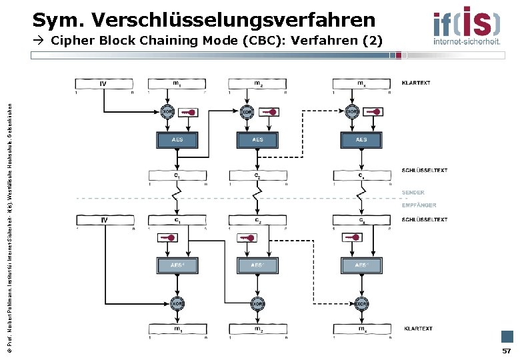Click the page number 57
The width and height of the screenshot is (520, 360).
pyautogui.click(x=507, y=351)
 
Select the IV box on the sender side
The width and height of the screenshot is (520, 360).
pyautogui.click(x=103, y=84)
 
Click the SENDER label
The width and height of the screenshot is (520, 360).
pyautogui.click(x=413, y=193)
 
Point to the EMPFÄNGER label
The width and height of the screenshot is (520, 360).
pyautogui.click(x=419, y=205)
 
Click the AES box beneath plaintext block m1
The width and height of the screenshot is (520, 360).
pyautogui.click(x=177, y=140)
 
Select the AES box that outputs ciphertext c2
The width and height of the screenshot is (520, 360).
pyautogui.click(x=257, y=140)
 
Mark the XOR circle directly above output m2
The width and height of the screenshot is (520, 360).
pyautogui.click(x=257, y=303)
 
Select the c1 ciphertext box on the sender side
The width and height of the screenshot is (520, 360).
pyautogui.click(x=177, y=176)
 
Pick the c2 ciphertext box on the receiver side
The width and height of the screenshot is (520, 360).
pyautogui.click(x=257, y=220)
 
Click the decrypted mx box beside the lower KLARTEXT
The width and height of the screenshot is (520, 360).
pyautogui.click(x=361, y=329)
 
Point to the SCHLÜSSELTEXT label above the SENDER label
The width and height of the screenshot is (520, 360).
pyautogui.click(x=424, y=170)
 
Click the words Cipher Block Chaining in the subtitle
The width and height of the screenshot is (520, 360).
pyautogui.click(x=131, y=41)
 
